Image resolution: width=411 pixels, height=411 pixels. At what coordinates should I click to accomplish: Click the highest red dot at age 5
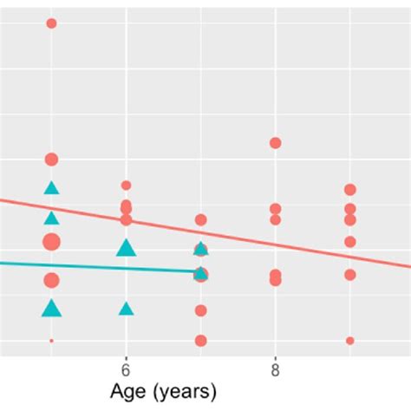[x=51, y=23]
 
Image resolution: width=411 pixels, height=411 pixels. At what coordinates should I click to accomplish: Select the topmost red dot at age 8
[x=276, y=143]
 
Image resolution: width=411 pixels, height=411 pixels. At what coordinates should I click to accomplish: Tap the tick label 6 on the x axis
[x=127, y=367]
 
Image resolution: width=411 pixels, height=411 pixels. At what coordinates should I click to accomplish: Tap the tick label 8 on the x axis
[x=276, y=367]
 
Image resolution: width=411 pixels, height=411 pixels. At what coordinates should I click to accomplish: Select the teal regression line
[x=87, y=266]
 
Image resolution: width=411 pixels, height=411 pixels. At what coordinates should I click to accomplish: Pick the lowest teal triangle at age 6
[x=127, y=309]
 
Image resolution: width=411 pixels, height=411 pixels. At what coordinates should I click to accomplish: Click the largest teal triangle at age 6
[x=127, y=249]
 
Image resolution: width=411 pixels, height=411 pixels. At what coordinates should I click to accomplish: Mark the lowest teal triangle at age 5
[x=52, y=308]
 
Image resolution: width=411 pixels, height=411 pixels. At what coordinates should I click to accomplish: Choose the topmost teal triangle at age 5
[x=51, y=188]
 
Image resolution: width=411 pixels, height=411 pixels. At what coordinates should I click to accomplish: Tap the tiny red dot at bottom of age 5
[x=51, y=341]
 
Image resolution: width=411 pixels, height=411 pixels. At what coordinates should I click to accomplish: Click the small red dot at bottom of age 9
[x=350, y=341]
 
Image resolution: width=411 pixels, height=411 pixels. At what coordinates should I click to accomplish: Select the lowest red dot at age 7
[x=201, y=340]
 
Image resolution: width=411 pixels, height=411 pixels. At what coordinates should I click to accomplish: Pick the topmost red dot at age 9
[x=350, y=190]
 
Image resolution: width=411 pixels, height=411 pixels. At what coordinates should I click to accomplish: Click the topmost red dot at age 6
[x=127, y=186]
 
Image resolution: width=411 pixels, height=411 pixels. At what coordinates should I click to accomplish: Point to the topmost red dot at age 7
[x=201, y=220]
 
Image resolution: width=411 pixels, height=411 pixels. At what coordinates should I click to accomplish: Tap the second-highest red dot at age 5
[x=51, y=160]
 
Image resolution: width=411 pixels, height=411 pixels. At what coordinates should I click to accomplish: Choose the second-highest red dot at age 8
[x=276, y=209]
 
